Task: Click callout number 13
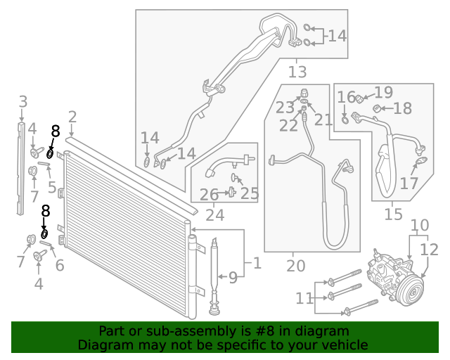(x=297, y=72)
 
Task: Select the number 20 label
(x=296, y=266)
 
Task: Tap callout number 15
(x=394, y=214)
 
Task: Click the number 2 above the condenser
(x=72, y=117)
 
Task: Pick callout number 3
(x=22, y=101)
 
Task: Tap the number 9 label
(x=233, y=277)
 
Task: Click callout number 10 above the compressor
(x=420, y=226)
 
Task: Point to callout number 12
(x=430, y=250)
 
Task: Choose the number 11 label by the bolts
(x=303, y=299)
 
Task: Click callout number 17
(x=409, y=184)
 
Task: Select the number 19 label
(x=383, y=92)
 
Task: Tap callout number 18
(x=402, y=108)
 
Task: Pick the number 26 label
(x=209, y=194)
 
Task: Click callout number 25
(x=250, y=193)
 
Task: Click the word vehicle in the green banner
(x=340, y=345)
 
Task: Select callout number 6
(x=59, y=265)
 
